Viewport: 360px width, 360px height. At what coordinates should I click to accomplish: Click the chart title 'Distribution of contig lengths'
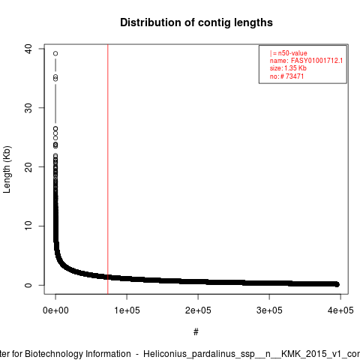(196, 22)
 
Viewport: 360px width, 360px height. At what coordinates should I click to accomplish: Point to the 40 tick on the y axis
(28, 49)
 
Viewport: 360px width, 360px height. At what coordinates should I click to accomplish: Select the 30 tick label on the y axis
(28, 108)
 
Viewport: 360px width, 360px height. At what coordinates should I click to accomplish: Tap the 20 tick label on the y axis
(28, 167)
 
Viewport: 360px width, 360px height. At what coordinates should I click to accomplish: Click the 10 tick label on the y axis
(28, 226)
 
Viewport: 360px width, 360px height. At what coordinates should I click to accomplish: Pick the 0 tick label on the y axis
(28, 285)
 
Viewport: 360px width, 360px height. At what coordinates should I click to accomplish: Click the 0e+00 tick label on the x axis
(55, 310)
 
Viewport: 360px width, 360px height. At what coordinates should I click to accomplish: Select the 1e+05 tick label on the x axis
(127, 310)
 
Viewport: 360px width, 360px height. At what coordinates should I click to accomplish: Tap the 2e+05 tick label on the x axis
(198, 310)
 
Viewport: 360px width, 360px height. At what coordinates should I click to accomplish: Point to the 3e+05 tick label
(269, 310)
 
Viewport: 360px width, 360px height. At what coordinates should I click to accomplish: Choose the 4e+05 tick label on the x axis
(340, 310)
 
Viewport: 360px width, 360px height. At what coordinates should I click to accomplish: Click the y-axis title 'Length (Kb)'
(7, 169)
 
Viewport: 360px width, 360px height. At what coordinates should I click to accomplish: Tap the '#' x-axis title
(196, 332)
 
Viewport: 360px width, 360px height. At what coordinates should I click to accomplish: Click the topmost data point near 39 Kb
(55, 53)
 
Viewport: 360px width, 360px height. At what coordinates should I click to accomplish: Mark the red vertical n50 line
(108, 169)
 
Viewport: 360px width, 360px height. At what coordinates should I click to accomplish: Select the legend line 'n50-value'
(288, 53)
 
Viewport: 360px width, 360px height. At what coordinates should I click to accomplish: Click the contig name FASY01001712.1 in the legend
(316, 61)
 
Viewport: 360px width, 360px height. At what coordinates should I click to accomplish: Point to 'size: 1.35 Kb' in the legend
(288, 68)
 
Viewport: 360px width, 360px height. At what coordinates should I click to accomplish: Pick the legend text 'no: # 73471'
(286, 76)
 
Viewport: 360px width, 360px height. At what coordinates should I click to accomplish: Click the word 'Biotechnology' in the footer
(78, 354)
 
